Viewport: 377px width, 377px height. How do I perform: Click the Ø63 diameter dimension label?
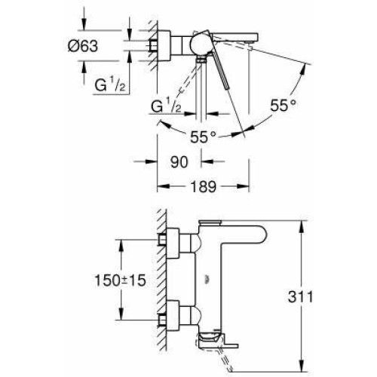click(83, 46)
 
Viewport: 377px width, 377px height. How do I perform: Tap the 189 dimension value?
click(204, 186)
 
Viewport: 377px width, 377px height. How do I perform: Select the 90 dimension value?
click(179, 162)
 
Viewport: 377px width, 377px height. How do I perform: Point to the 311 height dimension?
click(301, 297)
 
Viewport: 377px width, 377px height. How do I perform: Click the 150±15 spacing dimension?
click(120, 280)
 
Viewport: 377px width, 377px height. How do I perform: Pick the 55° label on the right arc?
click(283, 105)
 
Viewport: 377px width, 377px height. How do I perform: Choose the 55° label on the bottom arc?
click(203, 137)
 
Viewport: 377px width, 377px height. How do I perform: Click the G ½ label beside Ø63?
click(110, 84)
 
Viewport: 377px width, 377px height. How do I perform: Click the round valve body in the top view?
click(201, 46)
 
